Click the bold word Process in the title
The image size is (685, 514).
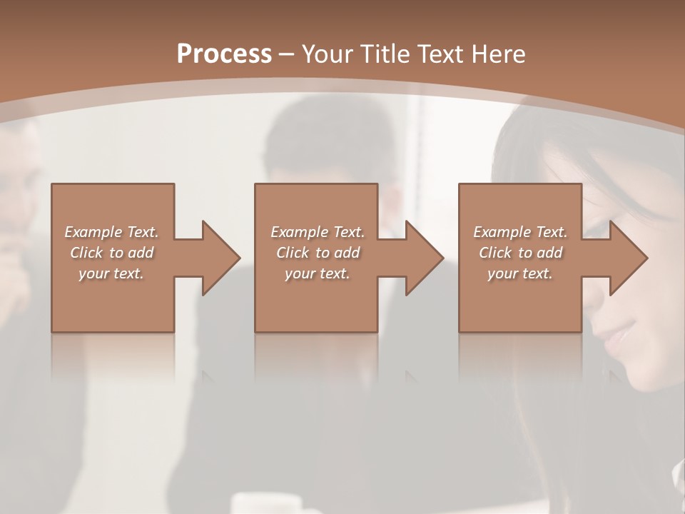point(224,54)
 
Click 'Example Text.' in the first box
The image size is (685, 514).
point(111,232)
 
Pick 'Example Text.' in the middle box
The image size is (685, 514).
point(318,232)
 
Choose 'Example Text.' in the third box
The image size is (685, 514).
point(520,232)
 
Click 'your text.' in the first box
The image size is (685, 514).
point(111,273)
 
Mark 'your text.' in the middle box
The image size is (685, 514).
point(318,273)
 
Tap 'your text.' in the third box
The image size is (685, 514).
point(520,273)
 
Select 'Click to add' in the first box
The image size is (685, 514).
point(111,253)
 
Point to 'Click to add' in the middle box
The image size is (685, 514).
point(318,253)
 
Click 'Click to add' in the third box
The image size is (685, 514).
point(520,253)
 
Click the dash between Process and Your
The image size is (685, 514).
point(287,55)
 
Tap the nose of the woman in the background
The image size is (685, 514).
point(602,314)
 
